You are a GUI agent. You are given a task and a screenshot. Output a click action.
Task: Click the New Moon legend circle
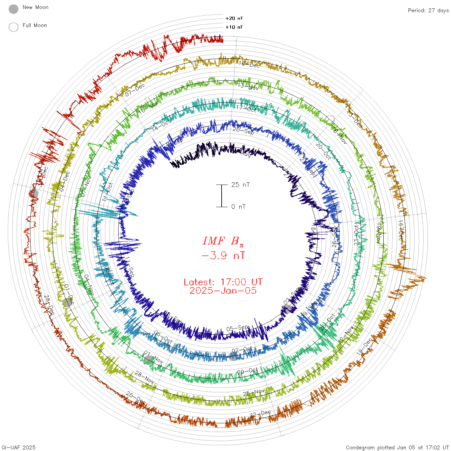pyautogui.click(x=14, y=9)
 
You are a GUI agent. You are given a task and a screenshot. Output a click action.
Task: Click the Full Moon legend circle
pyautogui.click(x=14, y=27)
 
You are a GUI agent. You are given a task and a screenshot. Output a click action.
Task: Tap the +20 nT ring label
pyautogui.click(x=234, y=18)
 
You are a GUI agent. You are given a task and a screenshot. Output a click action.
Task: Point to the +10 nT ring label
pyautogui.click(x=234, y=27)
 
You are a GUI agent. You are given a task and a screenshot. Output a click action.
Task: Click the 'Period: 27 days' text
pyautogui.click(x=428, y=10)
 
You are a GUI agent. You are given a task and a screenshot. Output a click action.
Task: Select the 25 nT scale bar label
pyautogui.click(x=240, y=185)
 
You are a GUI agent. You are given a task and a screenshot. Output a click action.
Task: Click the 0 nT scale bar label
pyautogui.click(x=238, y=206)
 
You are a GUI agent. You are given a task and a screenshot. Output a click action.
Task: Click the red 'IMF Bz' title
pyautogui.click(x=223, y=241)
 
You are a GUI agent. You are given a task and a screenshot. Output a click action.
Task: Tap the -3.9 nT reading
pyautogui.click(x=223, y=256)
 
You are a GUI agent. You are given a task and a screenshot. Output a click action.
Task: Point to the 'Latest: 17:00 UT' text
pyautogui.click(x=223, y=282)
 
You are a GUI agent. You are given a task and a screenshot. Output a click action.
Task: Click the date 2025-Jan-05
pyautogui.click(x=223, y=291)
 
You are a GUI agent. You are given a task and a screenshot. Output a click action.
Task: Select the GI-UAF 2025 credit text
pyautogui.click(x=19, y=447)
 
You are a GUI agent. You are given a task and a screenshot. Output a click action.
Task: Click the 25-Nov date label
pyautogui.click(x=254, y=393)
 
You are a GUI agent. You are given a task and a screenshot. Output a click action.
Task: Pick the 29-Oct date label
pyautogui.click(x=247, y=371)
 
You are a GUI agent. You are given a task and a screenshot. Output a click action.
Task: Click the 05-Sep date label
pyautogui.click(x=237, y=328)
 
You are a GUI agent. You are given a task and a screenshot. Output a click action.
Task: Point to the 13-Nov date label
pyautogui.click(x=248, y=86)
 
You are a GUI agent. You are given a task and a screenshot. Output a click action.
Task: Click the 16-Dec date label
pyautogui.click(x=400, y=231)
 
